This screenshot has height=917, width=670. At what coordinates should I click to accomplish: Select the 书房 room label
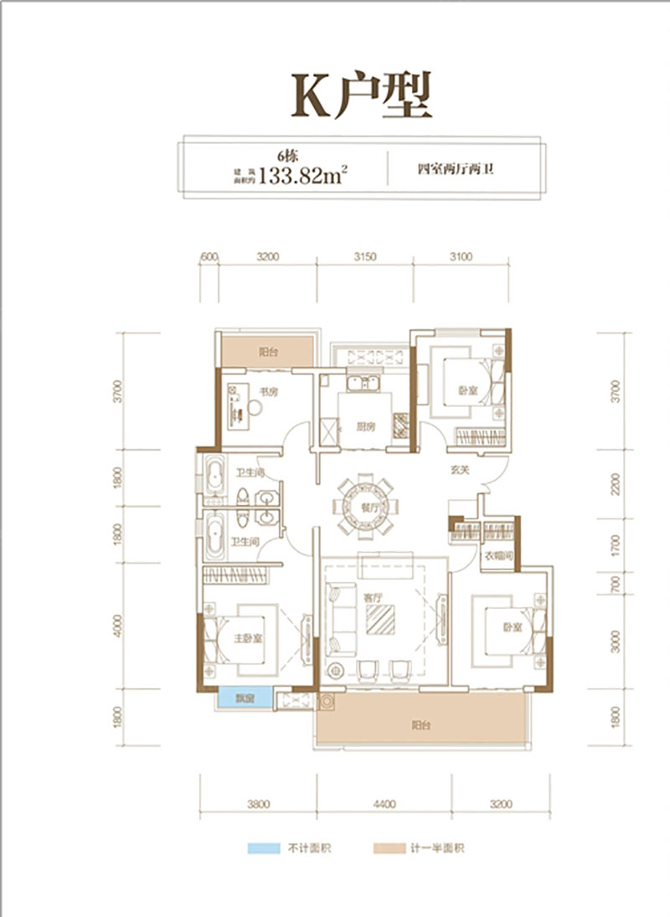click(x=267, y=390)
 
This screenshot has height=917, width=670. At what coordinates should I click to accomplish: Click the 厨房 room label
click(x=364, y=425)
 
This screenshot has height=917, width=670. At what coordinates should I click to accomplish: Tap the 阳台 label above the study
click(x=266, y=353)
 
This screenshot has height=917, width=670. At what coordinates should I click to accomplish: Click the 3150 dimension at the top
click(x=365, y=256)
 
